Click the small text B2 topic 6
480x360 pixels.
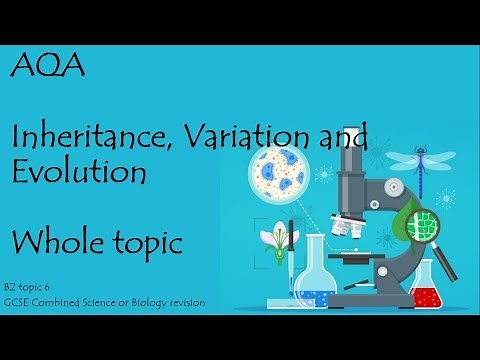click(x=38, y=287)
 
